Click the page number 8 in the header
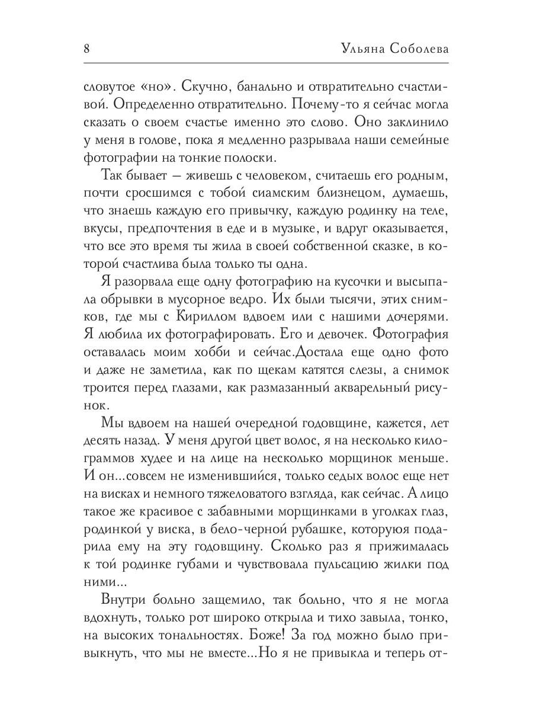[86, 48]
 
